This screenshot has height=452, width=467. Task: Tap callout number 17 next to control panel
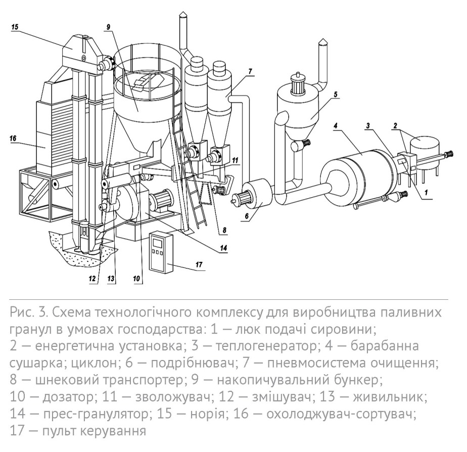point(199,264)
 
